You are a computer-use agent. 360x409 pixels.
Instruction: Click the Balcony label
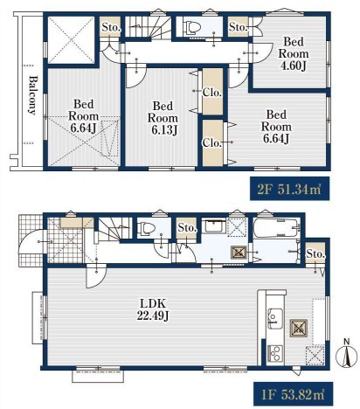pyautogui.click(x=33, y=95)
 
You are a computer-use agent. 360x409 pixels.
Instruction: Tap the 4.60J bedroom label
pyautogui.click(x=293, y=54)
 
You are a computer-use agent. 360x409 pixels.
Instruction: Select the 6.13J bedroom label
pyautogui.click(x=163, y=118)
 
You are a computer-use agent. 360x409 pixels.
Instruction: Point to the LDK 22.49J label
pyautogui.click(x=153, y=309)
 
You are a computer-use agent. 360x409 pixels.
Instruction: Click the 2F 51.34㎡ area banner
pyautogui.click(x=289, y=189)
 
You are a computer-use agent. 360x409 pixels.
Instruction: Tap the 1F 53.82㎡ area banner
pyautogui.click(x=293, y=394)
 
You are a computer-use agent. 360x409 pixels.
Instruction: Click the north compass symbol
pyautogui.click(x=347, y=353)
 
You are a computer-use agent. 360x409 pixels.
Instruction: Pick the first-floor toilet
pyautogui.click(x=147, y=228)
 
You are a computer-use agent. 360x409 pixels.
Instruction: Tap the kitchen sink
pyautogui.click(x=275, y=318)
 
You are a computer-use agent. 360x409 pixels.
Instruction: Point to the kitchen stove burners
pyautogui.click(x=275, y=353)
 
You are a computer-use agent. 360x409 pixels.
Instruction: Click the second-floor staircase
pyautogui.click(x=148, y=27)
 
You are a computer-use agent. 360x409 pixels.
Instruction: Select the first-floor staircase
pyautogui.click(x=114, y=229)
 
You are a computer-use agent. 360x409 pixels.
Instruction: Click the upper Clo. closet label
pyautogui.click(x=212, y=93)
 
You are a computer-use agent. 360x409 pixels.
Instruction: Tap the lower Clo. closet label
pyautogui.click(x=212, y=142)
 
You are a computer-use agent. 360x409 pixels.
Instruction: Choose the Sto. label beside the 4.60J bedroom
pyautogui.click(x=239, y=27)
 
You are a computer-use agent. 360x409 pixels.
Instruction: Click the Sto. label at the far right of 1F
pyautogui.click(x=315, y=254)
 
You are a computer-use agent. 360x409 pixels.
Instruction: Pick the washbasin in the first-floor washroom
pyautogui.click(x=215, y=225)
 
